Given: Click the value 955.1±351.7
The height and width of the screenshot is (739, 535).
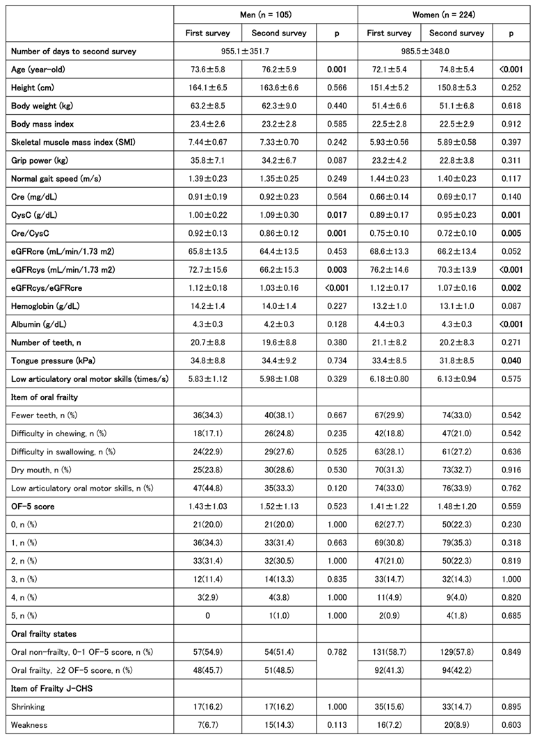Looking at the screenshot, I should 244,51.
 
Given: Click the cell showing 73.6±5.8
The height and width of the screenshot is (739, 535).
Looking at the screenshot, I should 206,70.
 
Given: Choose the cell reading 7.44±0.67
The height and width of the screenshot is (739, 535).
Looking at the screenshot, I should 206,143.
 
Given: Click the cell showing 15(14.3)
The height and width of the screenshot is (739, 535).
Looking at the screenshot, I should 278,728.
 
